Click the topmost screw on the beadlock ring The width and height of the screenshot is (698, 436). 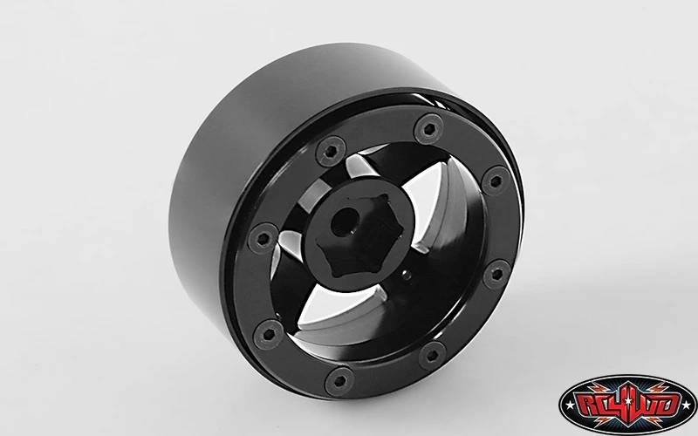point(428,129)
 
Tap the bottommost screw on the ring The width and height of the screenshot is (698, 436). point(339,381)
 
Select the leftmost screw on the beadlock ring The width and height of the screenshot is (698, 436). point(263,238)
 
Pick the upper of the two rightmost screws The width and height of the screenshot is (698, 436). point(496,181)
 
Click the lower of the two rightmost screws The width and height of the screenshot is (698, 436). point(496,274)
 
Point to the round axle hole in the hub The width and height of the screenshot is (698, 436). point(346,222)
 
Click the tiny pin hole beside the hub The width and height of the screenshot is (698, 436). point(407,275)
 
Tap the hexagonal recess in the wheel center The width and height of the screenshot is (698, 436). point(359,235)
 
